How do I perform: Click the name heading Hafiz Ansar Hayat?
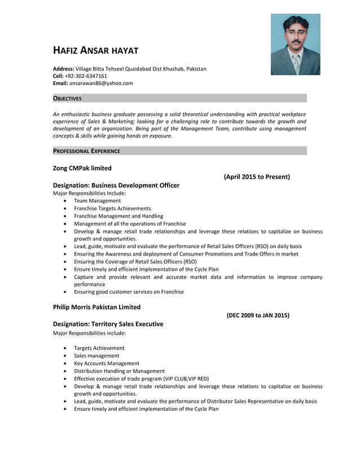[x=95, y=51]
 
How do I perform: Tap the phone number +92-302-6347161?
[x=86, y=76]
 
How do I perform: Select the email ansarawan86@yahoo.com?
[x=101, y=83]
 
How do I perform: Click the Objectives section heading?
[x=67, y=99]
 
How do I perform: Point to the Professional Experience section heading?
[x=86, y=151]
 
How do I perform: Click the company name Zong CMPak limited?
[x=82, y=168]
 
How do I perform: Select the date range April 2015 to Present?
[x=257, y=177]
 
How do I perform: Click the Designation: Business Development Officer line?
[x=116, y=185]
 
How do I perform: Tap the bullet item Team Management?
[x=97, y=201]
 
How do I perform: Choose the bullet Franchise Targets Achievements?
[x=112, y=208]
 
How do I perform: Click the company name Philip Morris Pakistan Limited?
[x=96, y=307]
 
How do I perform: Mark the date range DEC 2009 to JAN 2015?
[x=258, y=315]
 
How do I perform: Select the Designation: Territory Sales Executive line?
[x=108, y=324]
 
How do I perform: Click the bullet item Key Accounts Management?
[x=107, y=363]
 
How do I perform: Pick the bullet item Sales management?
[x=96, y=356]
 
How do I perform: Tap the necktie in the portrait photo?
[x=297, y=63]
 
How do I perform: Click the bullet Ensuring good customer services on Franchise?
[x=129, y=292]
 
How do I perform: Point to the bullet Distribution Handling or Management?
[x=119, y=371]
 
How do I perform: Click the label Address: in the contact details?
[x=64, y=68]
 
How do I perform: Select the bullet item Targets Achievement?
[x=99, y=348]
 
